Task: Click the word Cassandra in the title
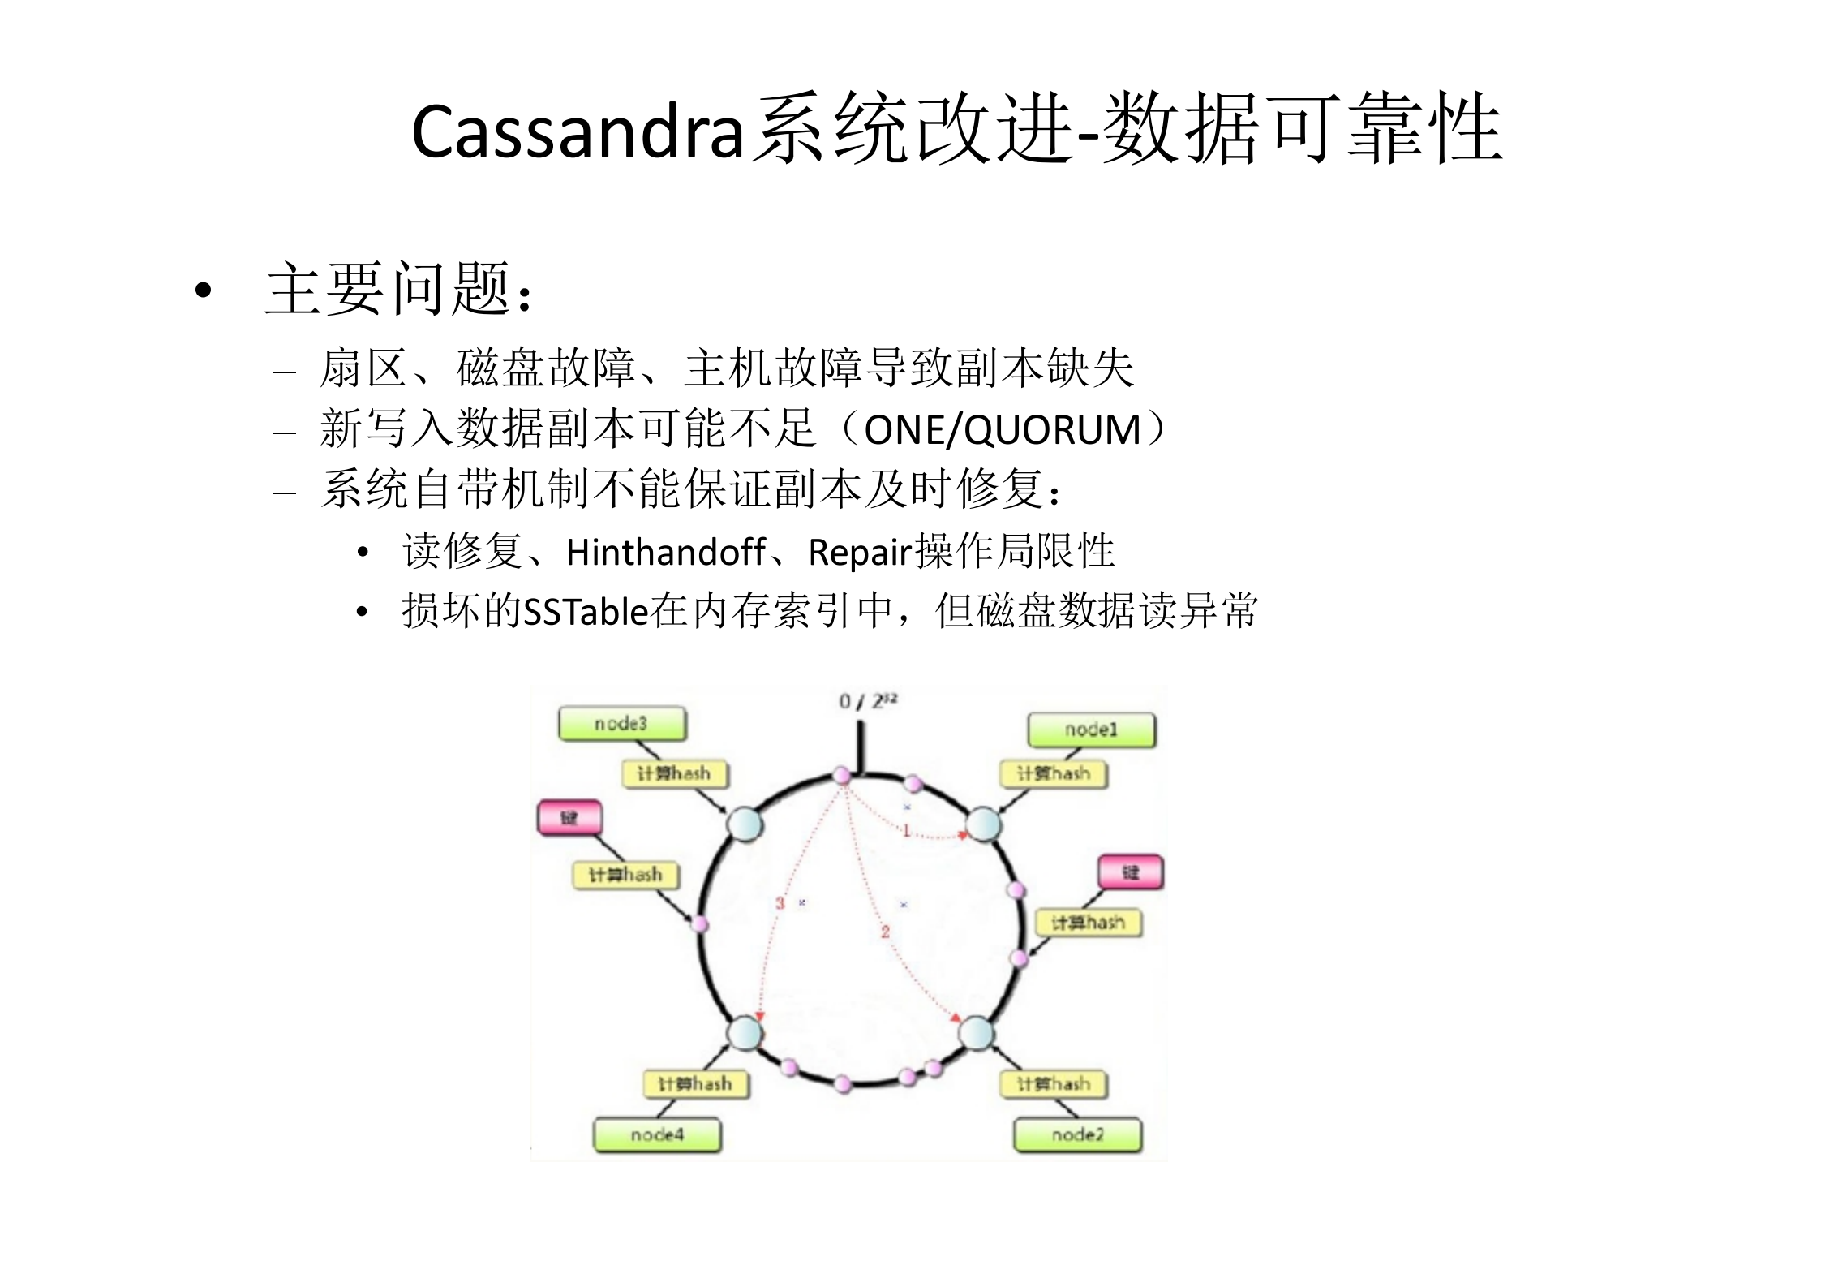[x=578, y=132]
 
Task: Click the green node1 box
[x=1091, y=730]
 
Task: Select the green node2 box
[x=1077, y=1134]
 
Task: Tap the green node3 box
[x=621, y=723]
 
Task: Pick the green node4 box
[x=657, y=1134]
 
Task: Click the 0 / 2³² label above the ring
[x=867, y=700]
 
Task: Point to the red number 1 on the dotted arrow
[x=906, y=830]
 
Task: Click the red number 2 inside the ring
[x=885, y=932]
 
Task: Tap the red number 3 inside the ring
[x=780, y=902]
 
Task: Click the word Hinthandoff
[x=665, y=553]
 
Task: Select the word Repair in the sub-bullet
[x=860, y=553]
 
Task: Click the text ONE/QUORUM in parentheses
[x=1003, y=429]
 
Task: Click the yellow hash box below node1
[x=1054, y=773]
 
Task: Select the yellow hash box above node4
[x=695, y=1084]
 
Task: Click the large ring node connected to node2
[x=976, y=1033]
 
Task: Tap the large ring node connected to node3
[x=744, y=824]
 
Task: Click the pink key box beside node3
[x=569, y=817]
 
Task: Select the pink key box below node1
[x=1131, y=872]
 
